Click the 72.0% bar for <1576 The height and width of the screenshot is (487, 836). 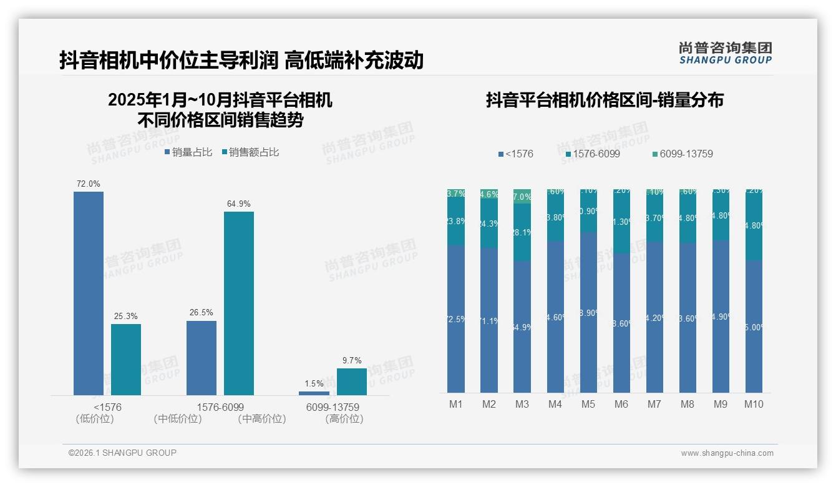pos(89,293)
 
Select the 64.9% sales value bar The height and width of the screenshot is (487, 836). pos(239,303)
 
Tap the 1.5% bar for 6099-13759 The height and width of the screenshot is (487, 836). pos(314,393)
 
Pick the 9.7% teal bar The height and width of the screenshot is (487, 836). pos(352,381)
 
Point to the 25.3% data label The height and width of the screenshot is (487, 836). pos(125,317)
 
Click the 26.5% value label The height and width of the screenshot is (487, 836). pos(201,313)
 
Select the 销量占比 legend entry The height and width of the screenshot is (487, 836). pos(188,152)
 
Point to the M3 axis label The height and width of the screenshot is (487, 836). pos(522,404)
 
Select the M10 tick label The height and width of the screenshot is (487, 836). pos(754,404)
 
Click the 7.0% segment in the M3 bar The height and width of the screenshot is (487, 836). pos(522,196)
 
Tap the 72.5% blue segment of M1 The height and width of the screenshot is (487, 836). pos(456,319)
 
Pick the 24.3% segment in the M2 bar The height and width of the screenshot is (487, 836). pos(489,224)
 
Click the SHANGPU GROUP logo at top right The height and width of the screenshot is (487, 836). pos(725,53)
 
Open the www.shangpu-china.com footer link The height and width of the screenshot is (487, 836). pos(727,453)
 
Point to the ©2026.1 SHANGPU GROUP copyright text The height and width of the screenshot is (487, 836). pos(122,453)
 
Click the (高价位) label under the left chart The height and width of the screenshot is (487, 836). pos(344,419)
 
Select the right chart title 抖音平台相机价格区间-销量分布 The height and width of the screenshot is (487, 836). pos(605,101)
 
